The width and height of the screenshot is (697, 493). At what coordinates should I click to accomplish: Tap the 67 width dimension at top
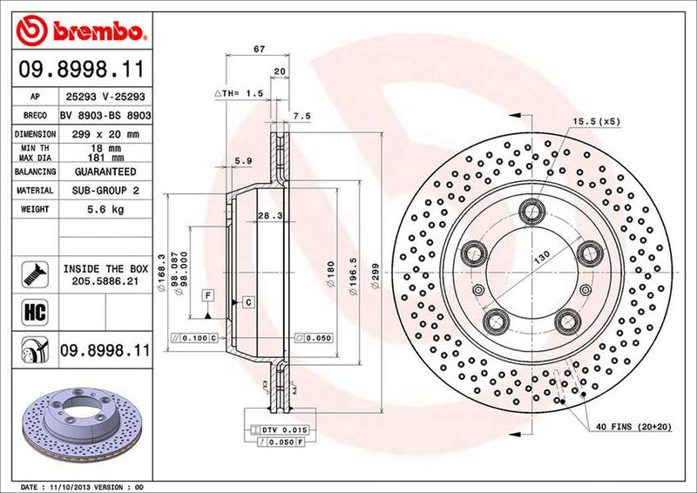259,50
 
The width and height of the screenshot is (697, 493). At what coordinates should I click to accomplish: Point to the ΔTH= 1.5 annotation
238,92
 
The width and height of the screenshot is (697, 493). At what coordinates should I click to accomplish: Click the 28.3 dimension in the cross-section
268,215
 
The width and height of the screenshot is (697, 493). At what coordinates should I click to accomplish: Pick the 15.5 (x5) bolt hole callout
596,122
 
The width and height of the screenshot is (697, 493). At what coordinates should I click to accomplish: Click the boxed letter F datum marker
208,295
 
